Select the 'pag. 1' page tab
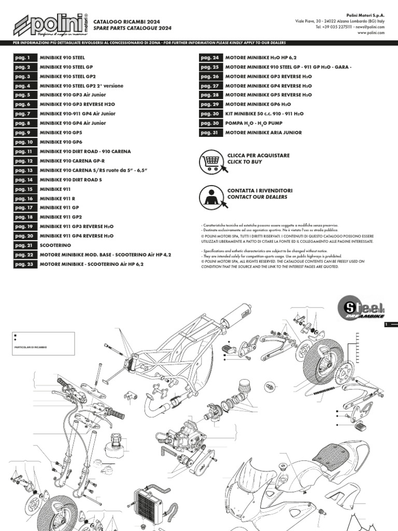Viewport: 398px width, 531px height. (24, 58)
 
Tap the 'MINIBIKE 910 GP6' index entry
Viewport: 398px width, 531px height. (61, 142)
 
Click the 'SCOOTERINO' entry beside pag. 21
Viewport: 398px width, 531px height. (54, 245)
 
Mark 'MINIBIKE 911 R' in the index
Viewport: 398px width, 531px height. (57, 198)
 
